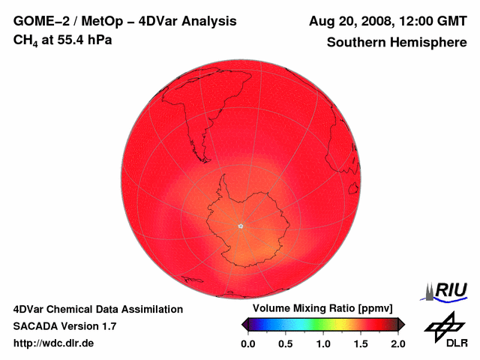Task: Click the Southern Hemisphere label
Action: (396, 43)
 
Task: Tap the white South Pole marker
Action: (241, 226)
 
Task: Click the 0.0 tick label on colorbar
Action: (247, 343)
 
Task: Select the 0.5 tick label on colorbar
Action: (285, 343)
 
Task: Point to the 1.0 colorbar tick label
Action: (322, 343)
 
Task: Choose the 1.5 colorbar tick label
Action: (360, 343)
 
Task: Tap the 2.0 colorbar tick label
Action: (397, 343)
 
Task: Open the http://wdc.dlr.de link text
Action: (54, 343)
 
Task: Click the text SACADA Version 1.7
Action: (64, 326)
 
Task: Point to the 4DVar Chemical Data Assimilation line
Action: (97, 309)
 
